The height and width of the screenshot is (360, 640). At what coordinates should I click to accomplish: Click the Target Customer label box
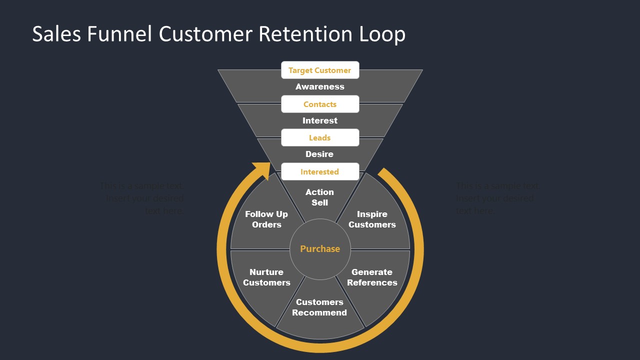(320, 70)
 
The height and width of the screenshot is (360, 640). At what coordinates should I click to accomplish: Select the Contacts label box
(320, 104)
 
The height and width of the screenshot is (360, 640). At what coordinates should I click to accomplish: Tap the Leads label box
(320, 138)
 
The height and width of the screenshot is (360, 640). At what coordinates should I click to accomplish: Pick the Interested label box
(320, 172)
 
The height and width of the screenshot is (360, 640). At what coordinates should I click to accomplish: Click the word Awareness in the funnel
(320, 87)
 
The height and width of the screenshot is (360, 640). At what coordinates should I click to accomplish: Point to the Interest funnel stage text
(320, 120)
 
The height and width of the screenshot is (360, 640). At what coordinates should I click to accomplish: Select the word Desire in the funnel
(319, 154)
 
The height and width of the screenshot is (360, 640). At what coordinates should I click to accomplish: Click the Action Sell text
(319, 197)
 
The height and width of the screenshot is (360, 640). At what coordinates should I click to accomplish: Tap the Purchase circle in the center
(320, 249)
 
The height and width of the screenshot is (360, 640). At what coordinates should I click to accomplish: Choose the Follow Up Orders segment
(266, 219)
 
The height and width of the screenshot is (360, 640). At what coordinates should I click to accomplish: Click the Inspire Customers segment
(372, 219)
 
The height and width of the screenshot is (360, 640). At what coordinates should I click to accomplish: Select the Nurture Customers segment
(266, 277)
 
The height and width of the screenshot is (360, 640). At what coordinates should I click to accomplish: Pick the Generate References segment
(372, 277)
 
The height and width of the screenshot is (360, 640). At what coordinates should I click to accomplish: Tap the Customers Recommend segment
(319, 307)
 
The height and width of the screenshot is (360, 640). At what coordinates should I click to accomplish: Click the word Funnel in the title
(120, 34)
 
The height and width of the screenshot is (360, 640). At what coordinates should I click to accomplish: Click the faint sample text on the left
(142, 198)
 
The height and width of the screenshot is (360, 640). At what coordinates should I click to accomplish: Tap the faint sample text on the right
(497, 198)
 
